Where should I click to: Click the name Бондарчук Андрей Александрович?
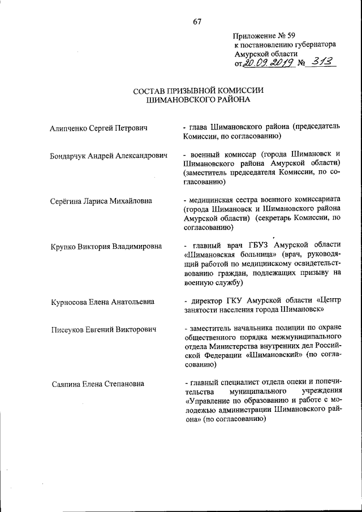109,155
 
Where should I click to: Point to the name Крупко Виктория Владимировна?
106,247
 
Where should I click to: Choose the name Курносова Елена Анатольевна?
102,302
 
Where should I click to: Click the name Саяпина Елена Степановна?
97,384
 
